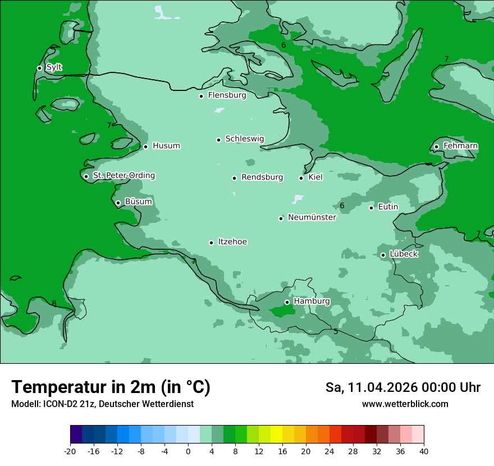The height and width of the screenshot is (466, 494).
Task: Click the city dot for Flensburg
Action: pos(201,96)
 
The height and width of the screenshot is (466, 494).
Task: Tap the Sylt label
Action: pos(54,67)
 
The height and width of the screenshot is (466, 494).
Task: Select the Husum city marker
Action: pos(145,147)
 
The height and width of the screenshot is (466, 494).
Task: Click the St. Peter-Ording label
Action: pos(124,176)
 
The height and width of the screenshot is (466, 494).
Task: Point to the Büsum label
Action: pos(138,202)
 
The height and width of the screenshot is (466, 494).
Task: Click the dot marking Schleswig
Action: pos(219,139)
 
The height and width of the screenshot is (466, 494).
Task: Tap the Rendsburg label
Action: pos(262,177)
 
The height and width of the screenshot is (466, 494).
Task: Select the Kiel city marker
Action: pos(301,178)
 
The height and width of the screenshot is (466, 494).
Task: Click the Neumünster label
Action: pos(312,217)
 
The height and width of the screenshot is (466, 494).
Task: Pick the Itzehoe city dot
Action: pos(211,243)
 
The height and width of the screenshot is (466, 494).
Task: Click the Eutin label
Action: pos(388,207)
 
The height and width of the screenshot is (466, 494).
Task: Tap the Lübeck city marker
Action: pos(383,255)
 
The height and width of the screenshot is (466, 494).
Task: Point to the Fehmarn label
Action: pos(460,146)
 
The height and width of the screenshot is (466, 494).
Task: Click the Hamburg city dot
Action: pos(287,302)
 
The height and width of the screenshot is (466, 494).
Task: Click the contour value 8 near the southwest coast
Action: pos(54,304)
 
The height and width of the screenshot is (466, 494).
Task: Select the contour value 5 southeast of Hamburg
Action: pos(336,332)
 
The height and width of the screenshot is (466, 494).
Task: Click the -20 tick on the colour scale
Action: pos(70,451)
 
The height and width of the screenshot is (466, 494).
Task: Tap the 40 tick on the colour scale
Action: pos(424,451)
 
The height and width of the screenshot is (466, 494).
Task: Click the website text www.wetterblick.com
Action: pos(405,404)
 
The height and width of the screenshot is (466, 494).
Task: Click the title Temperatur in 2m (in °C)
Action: pos(111,387)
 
